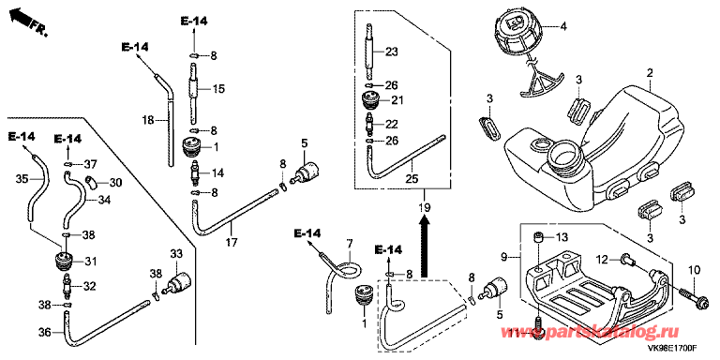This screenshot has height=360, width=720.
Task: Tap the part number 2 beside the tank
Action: pyautogui.click(x=650, y=73)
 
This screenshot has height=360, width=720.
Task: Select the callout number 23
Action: pyautogui.click(x=392, y=51)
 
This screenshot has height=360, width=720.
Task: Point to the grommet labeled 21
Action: pyautogui.click(x=370, y=100)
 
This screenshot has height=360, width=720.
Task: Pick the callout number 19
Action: pyautogui.click(x=425, y=209)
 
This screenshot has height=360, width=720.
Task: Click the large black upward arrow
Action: pyautogui.click(x=426, y=248)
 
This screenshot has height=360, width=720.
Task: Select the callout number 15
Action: pyautogui.click(x=219, y=89)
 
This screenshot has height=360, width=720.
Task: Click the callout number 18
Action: pyautogui.click(x=148, y=120)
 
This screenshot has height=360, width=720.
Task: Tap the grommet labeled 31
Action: pyautogui.click(x=64, y=262)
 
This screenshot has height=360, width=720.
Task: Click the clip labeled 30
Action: pyautogui.click(x=91, y=182)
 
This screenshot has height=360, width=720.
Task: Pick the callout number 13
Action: pyautogui.click(x=562, y=237)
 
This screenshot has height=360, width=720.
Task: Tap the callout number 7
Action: pyautogui.click(x=349, y=242)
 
